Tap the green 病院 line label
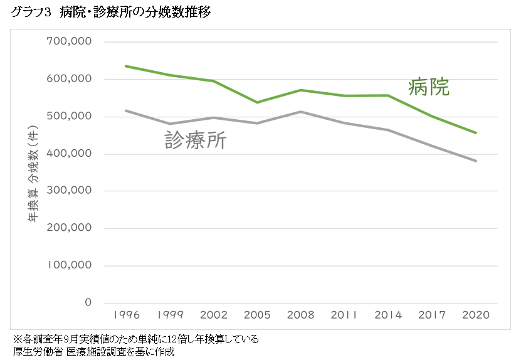tap(429, 87)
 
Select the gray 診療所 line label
tap(196, 140)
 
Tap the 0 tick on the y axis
tap(88, 302)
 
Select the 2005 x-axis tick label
tap(257, 314)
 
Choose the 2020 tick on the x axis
tap(475, 314)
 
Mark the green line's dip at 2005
tap(257, 102)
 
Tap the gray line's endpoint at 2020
tap(476, 161)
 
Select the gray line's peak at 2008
tap(302, 112)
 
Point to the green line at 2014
tap(389, 95)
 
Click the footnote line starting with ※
tap(135, 339)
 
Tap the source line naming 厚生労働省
tap(94, 351)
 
